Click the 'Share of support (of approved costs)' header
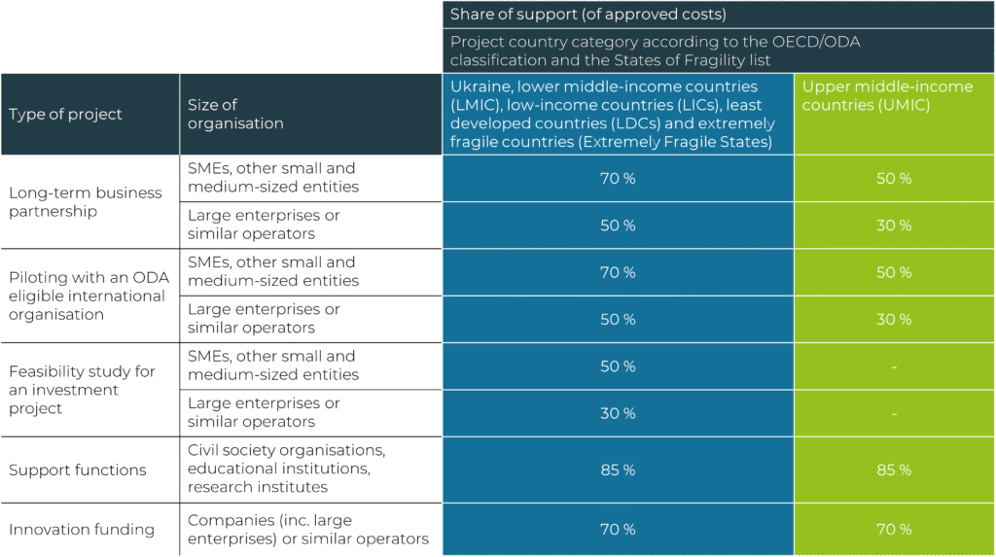point(587,15)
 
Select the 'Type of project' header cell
point(66,115)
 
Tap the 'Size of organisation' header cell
point(235,115)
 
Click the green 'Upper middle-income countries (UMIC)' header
point(887,96)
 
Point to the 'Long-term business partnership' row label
point(86,202)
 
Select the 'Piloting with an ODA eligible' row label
point(89,296)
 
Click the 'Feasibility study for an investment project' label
point(82,390)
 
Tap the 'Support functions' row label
point(78,470)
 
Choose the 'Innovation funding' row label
point(82,530)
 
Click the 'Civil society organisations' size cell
point(286,469)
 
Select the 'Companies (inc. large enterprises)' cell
point(307,530)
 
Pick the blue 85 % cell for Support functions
point(618,470)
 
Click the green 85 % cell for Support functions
point(893,470)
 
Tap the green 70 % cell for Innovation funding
point(893,530)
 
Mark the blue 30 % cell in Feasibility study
point(618,414)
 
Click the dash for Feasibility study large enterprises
point(893,414)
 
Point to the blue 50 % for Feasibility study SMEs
point(618,366)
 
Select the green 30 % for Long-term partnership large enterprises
point(893,226)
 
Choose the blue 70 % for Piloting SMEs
point(618,273)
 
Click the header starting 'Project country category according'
point(655,52)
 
